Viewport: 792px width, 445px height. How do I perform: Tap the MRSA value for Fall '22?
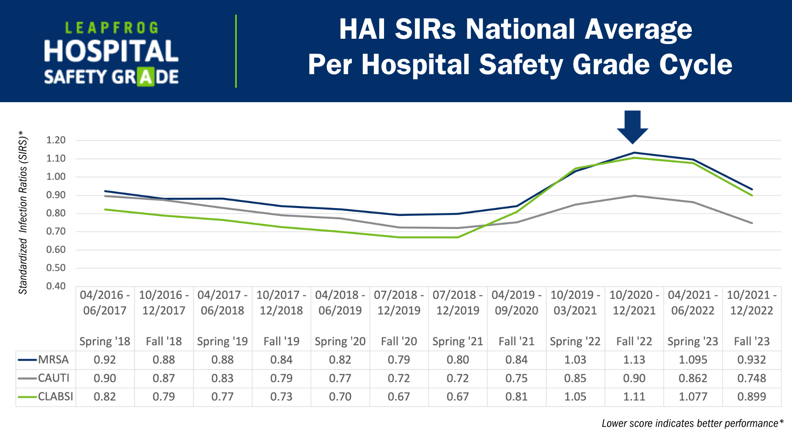tap(634, 360)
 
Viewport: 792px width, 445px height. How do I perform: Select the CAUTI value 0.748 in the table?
tap(752, 378)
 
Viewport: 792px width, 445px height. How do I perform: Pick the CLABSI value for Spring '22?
tap(575, 397)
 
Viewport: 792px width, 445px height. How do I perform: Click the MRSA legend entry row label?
tap(53, 360)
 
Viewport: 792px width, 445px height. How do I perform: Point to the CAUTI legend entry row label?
tap(54, 378)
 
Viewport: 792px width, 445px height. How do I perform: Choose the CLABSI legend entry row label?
tap(55, 397)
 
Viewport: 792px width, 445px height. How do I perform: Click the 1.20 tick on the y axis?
tap(56, 140)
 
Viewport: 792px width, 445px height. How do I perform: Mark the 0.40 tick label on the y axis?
tap(56, 286)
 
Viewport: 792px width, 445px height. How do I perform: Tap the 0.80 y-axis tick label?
tap(56, 213)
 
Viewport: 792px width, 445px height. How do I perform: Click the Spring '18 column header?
tap(105, 341)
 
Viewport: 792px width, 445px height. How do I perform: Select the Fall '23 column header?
tap(752, 341)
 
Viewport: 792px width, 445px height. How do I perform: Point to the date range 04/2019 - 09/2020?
tap(516, 302)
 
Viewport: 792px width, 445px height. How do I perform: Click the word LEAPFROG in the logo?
tap(112, 28)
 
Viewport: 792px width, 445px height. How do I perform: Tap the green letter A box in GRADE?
tap(146, 77)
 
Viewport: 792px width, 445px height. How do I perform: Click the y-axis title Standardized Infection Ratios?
tap(23, 212)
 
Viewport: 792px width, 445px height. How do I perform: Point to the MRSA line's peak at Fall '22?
tap(634, 153)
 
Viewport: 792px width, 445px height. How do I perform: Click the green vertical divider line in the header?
tap(236, 51)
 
